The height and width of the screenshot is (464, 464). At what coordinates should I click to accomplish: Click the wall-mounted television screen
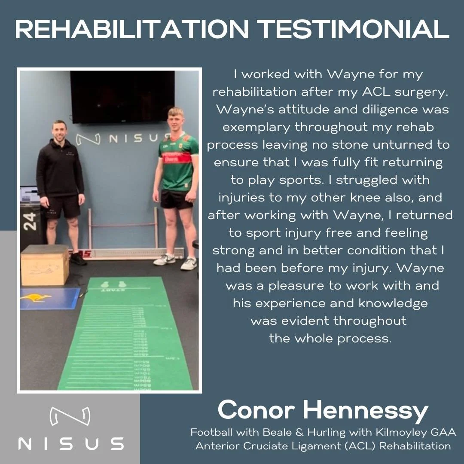pyautogui.click(x=122, y=96)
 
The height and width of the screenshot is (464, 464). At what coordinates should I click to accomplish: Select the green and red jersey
pyautogui.click(x=178, y=162)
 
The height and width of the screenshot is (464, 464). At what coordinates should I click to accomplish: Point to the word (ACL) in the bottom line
pyautogui.click(x=360, y=446)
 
